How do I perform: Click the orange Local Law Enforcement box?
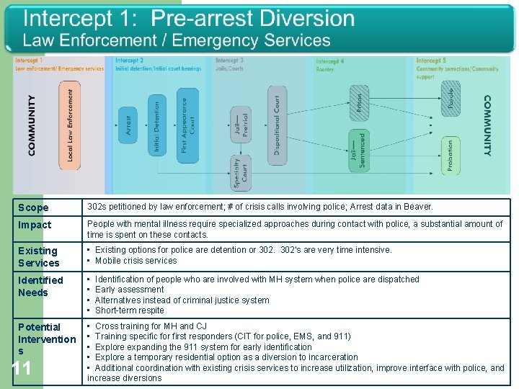click(70, 125)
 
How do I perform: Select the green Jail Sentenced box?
click(358, 150)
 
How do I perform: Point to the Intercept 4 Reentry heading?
click(330, 66)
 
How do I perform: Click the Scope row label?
click(33, 207)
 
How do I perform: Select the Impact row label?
click(35, 225)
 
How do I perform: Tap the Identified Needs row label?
click(40, 286)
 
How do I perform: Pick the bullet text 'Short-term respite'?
click(130, 310)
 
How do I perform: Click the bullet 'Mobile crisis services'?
click(136, 261)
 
